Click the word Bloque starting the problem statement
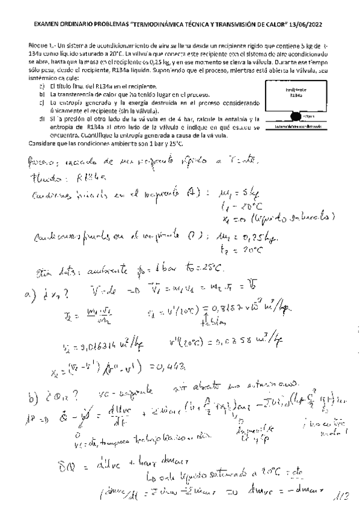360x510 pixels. click(x=39, y=46)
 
